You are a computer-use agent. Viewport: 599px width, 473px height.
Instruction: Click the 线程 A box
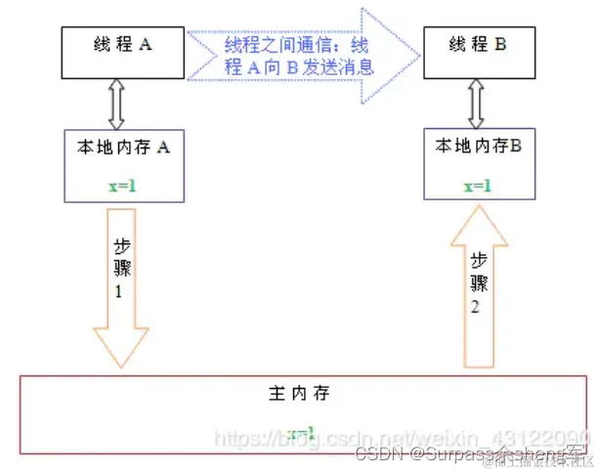tap(122, 53)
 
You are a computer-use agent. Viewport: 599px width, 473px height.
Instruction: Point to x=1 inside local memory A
tap(121, 183)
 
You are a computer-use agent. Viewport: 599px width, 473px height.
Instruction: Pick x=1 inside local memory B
tap(478, 184)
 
